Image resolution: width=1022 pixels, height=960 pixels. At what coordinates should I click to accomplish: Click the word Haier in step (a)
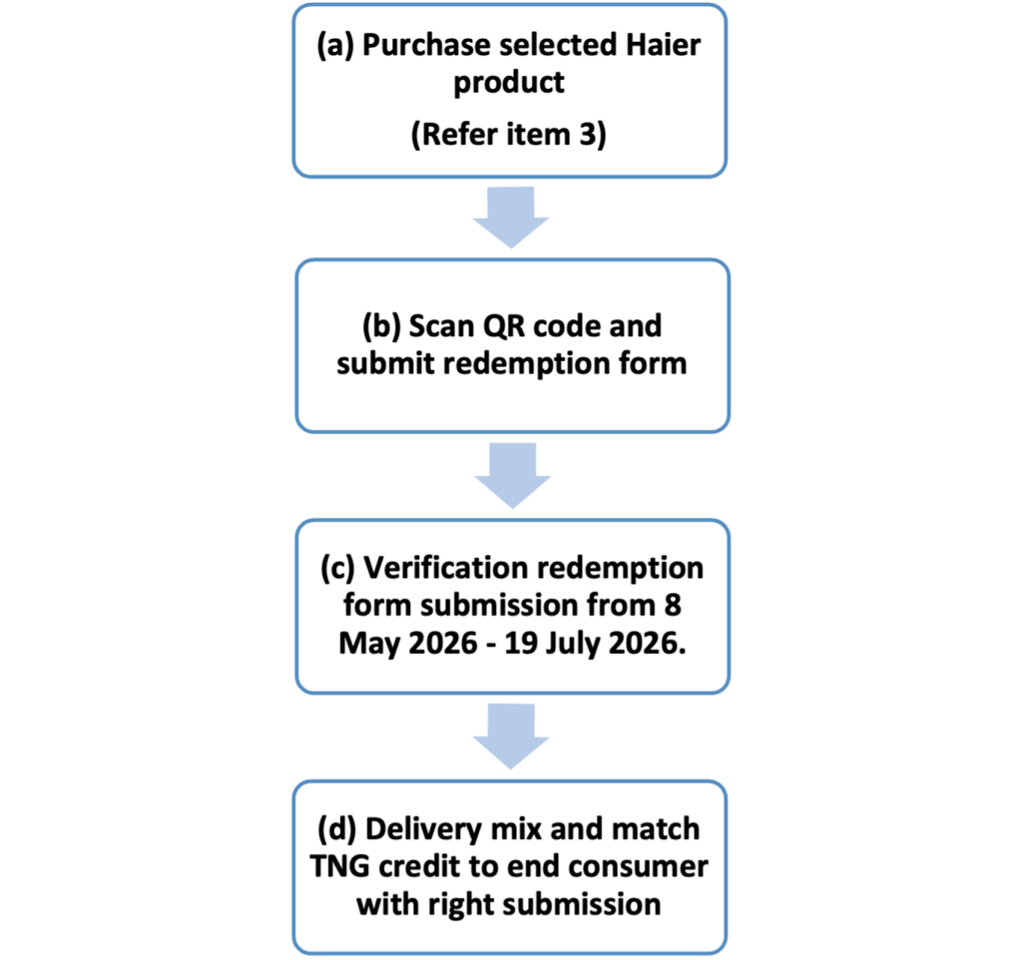coord(663,45)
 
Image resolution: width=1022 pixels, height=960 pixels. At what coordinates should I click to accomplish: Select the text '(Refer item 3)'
coord(508,135)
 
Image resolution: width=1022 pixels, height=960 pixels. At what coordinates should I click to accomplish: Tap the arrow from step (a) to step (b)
coord(511,217)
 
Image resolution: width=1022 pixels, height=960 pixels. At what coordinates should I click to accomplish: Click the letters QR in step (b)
coord(503,326)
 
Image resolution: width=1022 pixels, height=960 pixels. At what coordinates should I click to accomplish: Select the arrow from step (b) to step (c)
coord(512,475)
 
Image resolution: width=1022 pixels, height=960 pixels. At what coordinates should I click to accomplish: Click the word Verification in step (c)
coord(449,568)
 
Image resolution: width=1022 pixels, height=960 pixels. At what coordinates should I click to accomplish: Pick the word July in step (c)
coord(573,644)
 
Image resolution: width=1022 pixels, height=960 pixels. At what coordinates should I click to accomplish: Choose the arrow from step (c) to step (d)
coord(511,735)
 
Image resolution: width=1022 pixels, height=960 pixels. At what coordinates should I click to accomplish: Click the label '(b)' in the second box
coord(381,326)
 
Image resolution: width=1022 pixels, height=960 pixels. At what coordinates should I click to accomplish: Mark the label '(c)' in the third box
coord(337,569)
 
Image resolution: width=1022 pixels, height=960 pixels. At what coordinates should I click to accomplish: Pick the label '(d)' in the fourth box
coord(337,829)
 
